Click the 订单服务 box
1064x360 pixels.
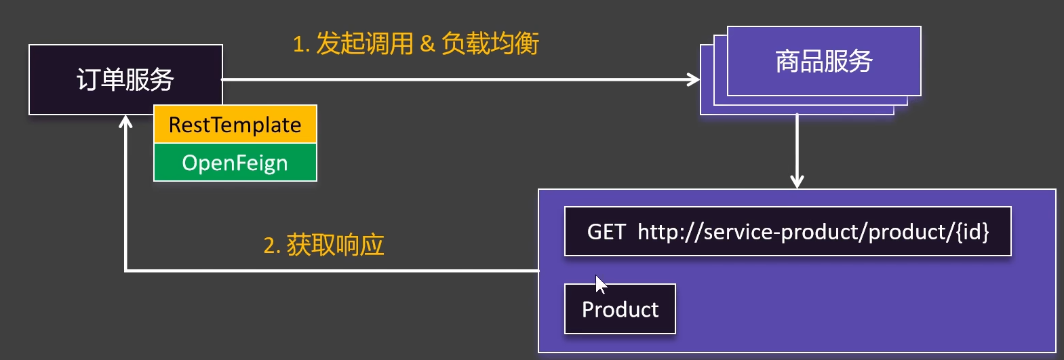pyautogui.click(x=125, y=79)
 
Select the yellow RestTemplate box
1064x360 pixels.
pyautogui.click(x=235, y=124)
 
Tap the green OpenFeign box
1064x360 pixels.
pyautogui.click(x=235, y=163)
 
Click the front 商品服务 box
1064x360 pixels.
pyautogui.click(x=824, y=61)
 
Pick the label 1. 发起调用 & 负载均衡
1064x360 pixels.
pyautogui.click(x=416, y=43)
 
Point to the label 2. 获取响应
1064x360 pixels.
pyautogui.click(x=323, y=245)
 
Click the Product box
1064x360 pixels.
pyautogui.click(x=620, y=308)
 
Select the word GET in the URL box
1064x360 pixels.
pyautogui.click(x=606, y=232)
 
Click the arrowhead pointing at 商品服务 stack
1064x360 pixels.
pyautogui.click(x=694, y=79)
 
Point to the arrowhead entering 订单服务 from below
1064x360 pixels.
pyautogui.click(x=125, y=121)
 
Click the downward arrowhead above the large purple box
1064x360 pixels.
pyautogui.click(x=797, y=182)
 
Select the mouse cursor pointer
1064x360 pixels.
pyautogui.click(x=600, y=285)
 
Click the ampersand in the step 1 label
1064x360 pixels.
pyautogui.click(x=427, y=44)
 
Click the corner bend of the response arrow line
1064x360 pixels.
pyautogui.click(x=125, y=271)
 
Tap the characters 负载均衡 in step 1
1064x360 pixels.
pyautogui.click(x=490, y=43)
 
